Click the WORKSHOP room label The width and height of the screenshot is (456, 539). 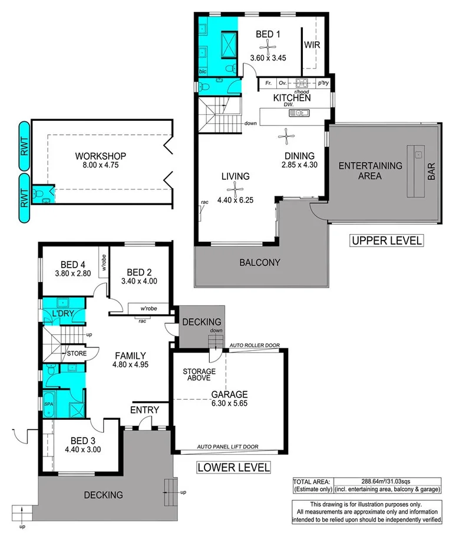(101, 156)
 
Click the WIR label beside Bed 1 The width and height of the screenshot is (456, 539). (311, 44)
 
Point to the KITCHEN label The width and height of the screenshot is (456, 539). (292, 98)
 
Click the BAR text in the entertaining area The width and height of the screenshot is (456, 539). (431, 172)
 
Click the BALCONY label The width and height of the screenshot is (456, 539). (260, 262)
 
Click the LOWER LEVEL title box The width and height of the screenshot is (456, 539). (233, 468)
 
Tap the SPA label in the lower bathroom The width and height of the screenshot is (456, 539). (48, 404)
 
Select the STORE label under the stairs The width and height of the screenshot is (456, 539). (77, 353)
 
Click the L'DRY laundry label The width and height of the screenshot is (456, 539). (62, 313)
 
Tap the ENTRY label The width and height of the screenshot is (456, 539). (144, 410)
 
